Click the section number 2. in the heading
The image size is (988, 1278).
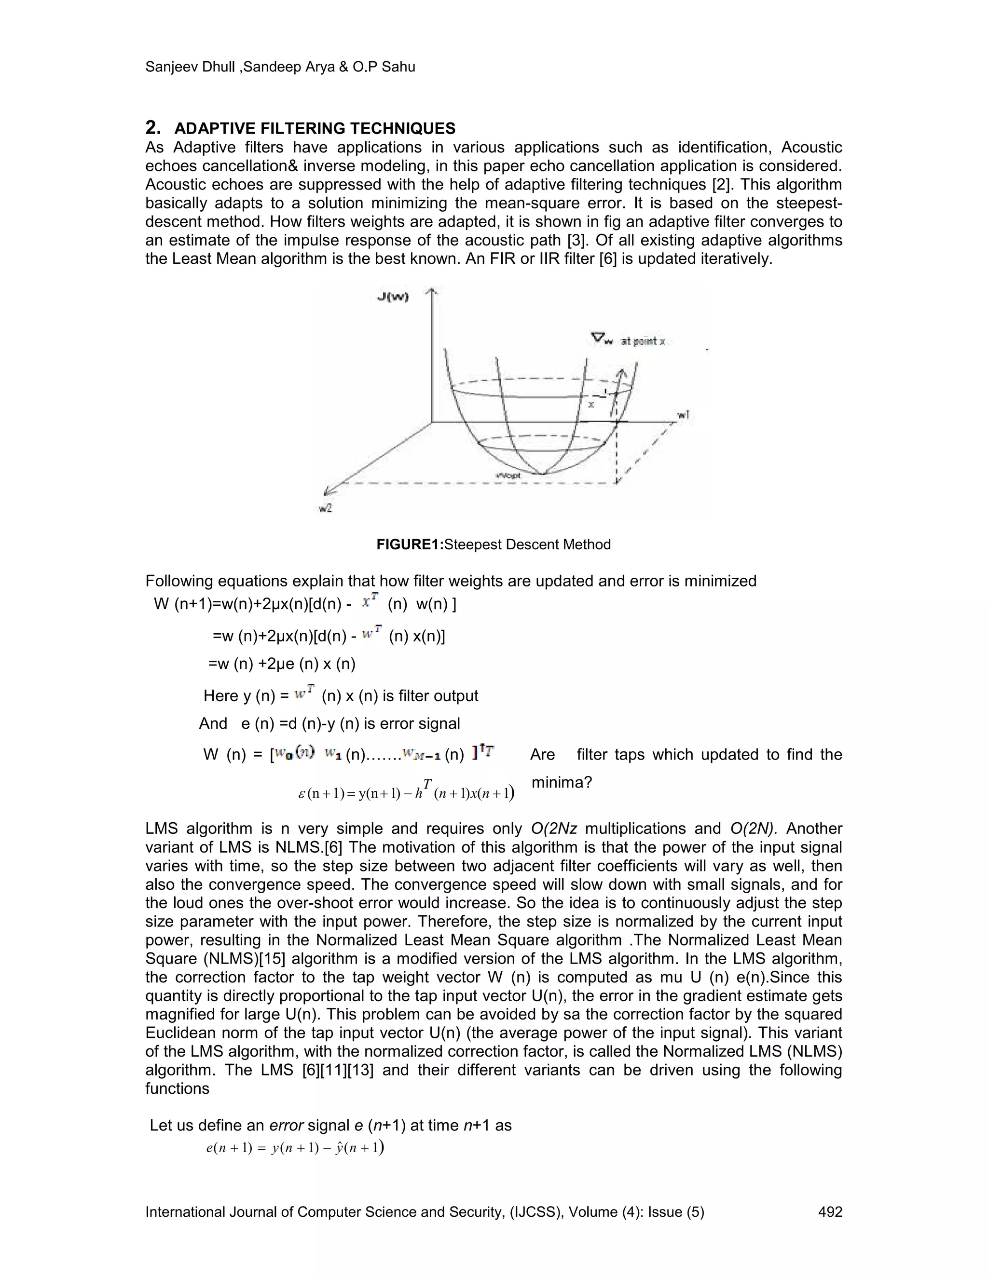[x=153, y=128]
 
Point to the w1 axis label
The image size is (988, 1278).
[x=683, y=415]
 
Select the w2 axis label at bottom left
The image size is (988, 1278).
[x=326, y=508]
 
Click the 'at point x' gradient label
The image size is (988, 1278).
[x=643, y=340]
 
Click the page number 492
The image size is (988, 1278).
[x=830, y=1212]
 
